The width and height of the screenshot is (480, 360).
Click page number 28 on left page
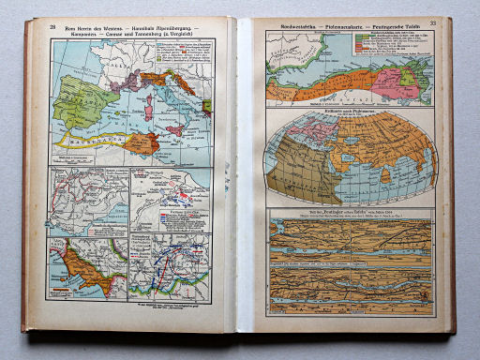pos(53,28)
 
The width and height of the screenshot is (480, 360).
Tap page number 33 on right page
pos(433,23)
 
